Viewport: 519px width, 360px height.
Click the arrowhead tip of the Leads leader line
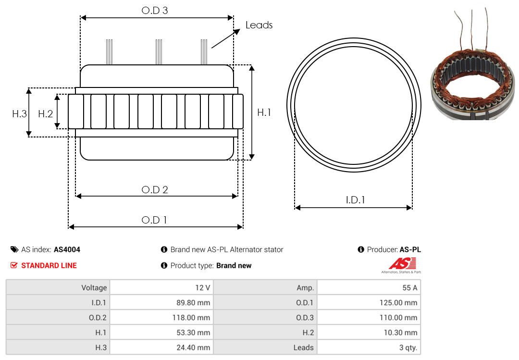tap(240, 29)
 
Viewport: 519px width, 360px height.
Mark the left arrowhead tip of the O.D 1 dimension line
tap(69, 227)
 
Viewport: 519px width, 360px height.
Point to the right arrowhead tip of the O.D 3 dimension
tap(234, 18)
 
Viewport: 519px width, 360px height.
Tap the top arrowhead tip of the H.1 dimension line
tap(252, 65)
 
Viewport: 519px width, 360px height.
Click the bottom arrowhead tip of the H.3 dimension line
tap(29, 137)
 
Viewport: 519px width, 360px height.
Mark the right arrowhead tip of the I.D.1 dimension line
tap(412, 208)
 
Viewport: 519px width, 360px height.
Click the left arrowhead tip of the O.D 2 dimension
tap(76, 196)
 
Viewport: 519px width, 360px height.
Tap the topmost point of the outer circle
tap(354, 38)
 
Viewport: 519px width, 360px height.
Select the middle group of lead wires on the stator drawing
tap(159, 52)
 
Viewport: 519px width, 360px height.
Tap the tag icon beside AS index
tap(14, 249)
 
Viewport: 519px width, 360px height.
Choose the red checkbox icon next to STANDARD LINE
tap(14, 265)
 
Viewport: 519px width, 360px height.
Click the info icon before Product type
tap(164, 265)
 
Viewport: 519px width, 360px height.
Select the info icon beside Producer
tap(361, 249)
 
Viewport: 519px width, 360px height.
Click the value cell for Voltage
tap(161, 287)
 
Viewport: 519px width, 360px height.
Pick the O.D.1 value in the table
tap(369, 302)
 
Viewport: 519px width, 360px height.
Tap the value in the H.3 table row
tap(161, 348)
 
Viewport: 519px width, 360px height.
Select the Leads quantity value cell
tap(369, 348)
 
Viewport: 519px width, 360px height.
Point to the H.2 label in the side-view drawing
tap(45, 114)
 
